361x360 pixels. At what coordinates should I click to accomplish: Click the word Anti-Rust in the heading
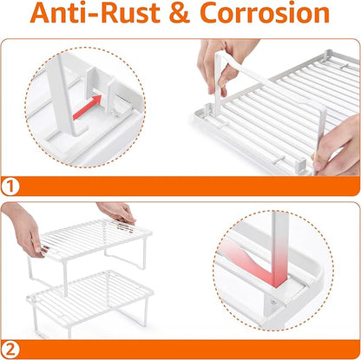pos(95,13)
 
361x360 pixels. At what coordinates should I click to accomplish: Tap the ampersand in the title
pos(180,13)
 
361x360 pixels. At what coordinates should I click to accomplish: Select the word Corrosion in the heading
pos(265,13)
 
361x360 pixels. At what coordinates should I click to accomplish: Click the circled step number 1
pos(10,187)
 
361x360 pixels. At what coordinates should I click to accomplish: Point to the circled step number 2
pos(10,350)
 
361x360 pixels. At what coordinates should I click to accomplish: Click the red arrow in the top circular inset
pos(88,108)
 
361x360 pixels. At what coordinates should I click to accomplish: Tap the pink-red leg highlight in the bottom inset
pos(259,260)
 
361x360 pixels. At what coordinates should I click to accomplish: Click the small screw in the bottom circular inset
pos(273,303)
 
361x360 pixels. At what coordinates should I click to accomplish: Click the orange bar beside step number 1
pos(189,187)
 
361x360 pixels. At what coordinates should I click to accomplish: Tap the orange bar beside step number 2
pos(189,350)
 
